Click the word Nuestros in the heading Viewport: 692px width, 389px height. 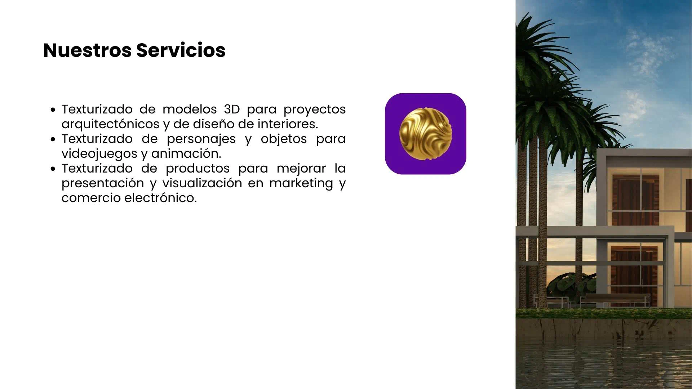87,50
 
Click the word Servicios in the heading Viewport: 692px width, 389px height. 181,50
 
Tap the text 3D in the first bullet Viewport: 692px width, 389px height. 232,109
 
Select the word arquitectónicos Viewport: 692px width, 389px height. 110,124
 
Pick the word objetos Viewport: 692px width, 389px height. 284,139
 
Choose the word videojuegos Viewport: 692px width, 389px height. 99,154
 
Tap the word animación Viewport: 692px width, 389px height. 186,154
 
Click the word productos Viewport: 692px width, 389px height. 198,169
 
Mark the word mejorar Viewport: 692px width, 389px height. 301,169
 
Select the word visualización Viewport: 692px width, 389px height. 202,183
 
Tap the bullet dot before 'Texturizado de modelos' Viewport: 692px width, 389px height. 53,109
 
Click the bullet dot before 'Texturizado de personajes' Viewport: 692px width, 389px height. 53,139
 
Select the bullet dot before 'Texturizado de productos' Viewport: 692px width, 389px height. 53,169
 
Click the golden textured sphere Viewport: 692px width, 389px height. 426,134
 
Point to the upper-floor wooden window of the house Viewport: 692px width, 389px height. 635,200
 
